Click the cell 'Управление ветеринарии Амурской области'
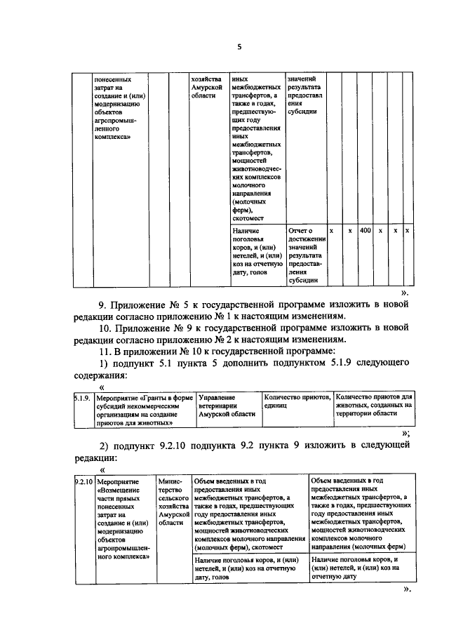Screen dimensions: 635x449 pos(227,406)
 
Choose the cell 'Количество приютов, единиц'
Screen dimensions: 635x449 pos(295,402)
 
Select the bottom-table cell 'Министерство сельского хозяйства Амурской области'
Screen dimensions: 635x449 pos(174,502)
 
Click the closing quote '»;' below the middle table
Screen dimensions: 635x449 pos(406,433)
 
